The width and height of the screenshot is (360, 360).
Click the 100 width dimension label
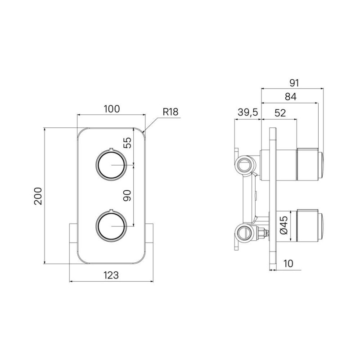(x=112, y=109)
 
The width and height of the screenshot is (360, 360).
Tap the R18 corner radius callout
(x=171, y=112)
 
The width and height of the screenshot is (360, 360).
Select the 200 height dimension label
(x=38, y=196)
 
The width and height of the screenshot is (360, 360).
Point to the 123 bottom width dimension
(x=111, y=275)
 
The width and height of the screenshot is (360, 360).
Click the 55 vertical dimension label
(x=127, y=143)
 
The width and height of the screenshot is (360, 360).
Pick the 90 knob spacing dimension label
(x=127, y=196)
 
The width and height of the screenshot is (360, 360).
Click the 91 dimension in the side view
(x=294, y=83)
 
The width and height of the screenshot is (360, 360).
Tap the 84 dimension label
(x=291, y=97)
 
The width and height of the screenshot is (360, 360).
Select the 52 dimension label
(x=280, y=113)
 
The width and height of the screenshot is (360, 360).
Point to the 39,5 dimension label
(x=248, y=112)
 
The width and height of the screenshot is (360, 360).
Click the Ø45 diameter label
(x=284, y=225)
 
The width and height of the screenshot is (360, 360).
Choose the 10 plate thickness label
(x=288, y=264)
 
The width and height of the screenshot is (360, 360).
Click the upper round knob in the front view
(x=111, y=165)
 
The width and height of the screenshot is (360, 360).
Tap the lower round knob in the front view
(x=111, y=226)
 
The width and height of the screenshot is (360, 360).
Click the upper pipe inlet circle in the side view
(x=245, y=164)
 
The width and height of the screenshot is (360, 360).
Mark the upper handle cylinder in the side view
(x=310, y=164)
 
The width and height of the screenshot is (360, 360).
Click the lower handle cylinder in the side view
(x=310, y=225)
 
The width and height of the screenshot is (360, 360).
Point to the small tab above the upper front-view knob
(x=111, y=150)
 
